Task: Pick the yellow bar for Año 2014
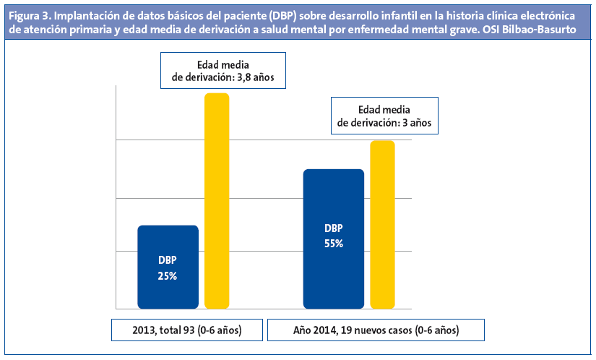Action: pos(382,224)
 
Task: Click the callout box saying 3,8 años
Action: pos(218,70)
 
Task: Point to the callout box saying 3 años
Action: pos(384,116)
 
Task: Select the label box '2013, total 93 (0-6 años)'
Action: pos(186,330)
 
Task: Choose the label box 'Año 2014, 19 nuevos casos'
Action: pos(376,330)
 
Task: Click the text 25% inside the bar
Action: pos(168,275)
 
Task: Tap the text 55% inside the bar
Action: pos(333,244)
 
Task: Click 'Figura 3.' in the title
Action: pos(28,17)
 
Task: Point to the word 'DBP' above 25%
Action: pos(168,260)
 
